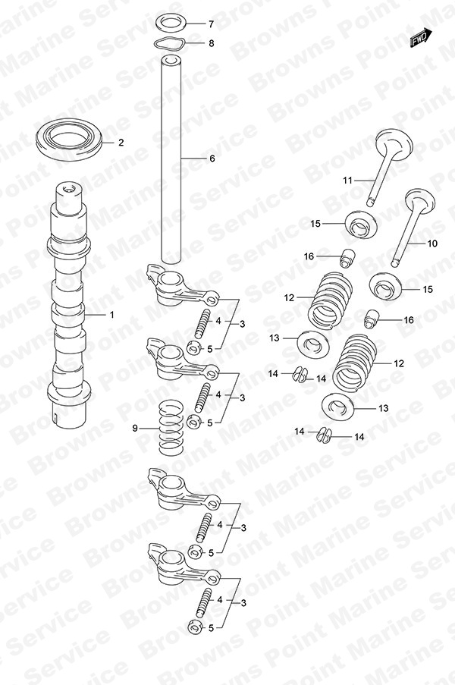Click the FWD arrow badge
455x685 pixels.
coord(421,38)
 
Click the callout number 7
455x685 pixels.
coord(212,24)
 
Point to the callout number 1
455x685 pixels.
coord(111,315)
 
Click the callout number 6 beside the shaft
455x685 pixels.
coord(212,158)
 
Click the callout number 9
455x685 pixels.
coord(135,429)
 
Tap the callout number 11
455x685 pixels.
coord(347,180)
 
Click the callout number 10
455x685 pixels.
coord(431,244)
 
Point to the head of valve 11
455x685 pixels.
coord(394,141)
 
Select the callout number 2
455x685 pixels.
coord(121,143)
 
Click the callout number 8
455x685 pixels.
coord(212,43)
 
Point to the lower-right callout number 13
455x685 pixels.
coord(383,408)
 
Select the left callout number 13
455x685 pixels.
coord(274,338)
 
